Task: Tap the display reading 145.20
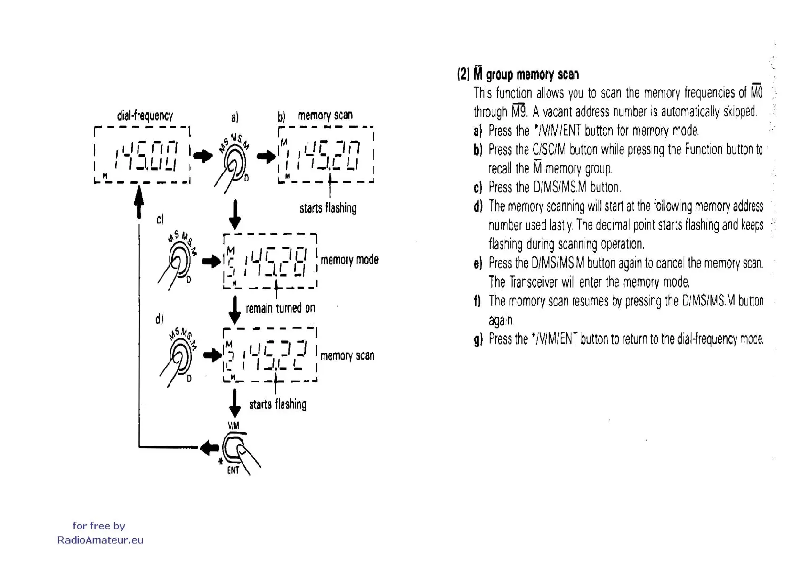[x=326, y=155]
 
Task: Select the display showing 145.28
[x=270, y=261]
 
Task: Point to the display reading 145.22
[x=270, y=355]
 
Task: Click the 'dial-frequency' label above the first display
[x=145, y=115]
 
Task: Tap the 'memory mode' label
[x=349, y=260]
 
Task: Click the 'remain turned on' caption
[x=280, y=308]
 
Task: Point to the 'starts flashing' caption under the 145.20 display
[x=328, y=208]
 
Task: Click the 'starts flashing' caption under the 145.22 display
[x=277, y=404]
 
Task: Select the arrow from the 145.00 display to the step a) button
[x=203, y=156]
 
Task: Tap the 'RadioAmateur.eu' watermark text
[x=100, y=540]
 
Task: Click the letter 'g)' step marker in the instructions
[x=478, y=339]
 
